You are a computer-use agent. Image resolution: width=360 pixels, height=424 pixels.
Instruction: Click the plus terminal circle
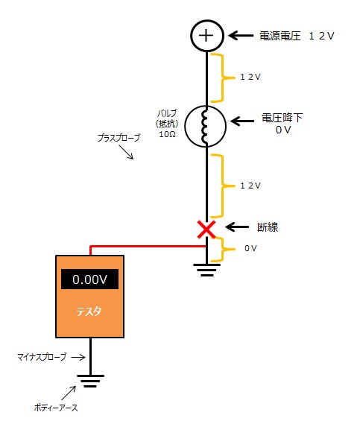click(206, 35)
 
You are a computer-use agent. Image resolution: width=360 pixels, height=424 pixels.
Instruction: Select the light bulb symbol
click(206, 127)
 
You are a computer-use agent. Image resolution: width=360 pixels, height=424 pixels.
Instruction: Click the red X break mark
click(206, 230)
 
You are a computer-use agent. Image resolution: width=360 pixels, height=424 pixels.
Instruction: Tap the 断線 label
click(267, 227)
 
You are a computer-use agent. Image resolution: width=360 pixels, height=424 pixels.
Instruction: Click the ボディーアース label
click(57, 407)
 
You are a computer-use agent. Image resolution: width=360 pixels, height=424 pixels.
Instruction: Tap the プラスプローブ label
click(118, 138)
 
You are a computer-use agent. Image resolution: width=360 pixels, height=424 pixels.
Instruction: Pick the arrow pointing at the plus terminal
click(241, 35)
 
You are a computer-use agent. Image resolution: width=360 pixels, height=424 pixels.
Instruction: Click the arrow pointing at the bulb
click(242, 120)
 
